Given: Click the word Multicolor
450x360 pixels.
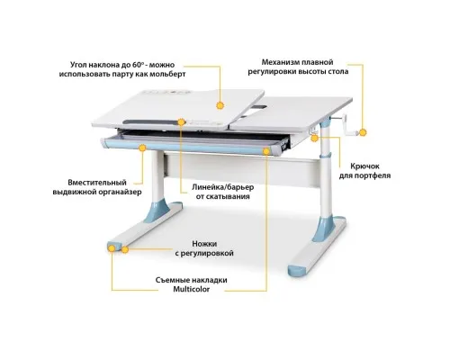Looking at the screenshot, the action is (x=191, y=290).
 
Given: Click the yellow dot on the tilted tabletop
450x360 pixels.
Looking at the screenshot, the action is (x=220, y=105).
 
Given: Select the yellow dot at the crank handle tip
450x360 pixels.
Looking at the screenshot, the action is (x=363, y=132).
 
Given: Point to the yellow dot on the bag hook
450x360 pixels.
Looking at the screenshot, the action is (x=314, y=139).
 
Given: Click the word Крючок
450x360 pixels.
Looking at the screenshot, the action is (x=364, y=166).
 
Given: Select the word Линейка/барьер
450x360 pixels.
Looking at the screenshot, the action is (x=222, y=187).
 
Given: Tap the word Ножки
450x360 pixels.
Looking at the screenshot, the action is (x=204, y=244).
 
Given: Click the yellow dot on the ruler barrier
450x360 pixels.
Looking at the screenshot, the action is (x=181, y=122).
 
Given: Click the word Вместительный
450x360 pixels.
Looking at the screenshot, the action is (x=97, y=183).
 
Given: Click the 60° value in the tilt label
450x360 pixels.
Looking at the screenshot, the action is (x=139, y=65).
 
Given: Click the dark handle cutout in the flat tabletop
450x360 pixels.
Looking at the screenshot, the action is (x=259, y=107).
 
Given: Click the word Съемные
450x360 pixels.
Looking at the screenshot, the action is (x=170, y=280).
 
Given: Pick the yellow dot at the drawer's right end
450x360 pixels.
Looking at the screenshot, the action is (x=266, y=151).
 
